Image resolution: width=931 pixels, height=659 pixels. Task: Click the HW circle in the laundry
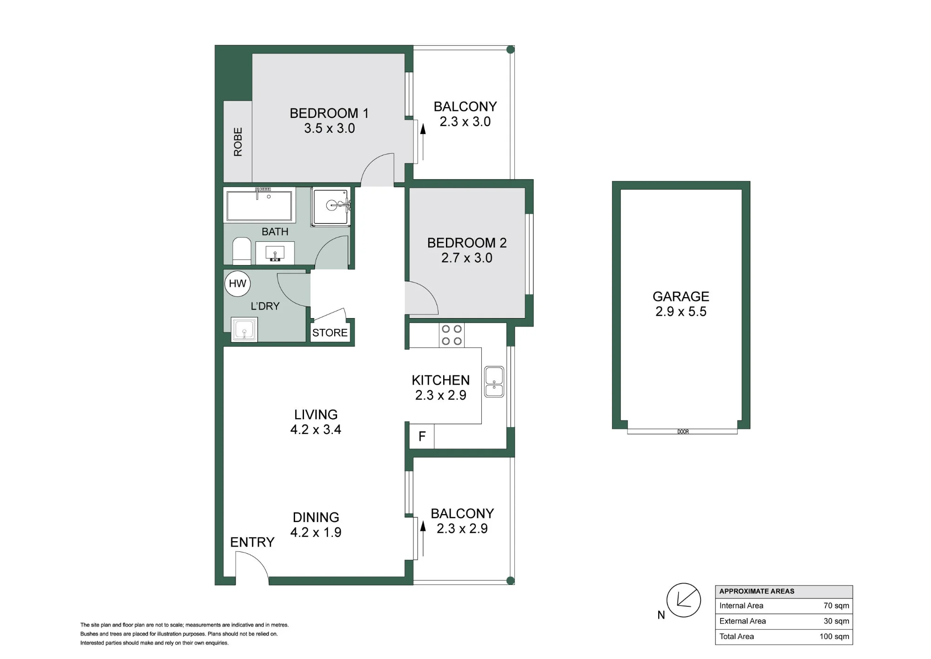[x=237, y=284]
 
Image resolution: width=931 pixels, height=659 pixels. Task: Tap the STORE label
[x=330, y=333]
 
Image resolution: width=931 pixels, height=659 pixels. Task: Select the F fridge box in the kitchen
[x=422, y=436]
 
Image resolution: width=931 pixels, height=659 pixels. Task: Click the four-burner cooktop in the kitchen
[x=452, y=335]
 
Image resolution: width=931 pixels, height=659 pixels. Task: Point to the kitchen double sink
[x=494, y=382]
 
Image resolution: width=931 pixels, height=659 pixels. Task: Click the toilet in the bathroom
[x=242, y=251]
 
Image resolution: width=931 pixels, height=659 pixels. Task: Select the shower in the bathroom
[x=331, y=207]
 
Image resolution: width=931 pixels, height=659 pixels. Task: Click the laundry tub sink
[x=244, y=330]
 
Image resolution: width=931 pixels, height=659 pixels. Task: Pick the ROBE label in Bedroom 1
[x=238, y=142]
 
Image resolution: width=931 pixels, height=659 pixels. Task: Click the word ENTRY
[x=252, y=542]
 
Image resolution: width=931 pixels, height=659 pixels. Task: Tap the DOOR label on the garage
[x=683, y=432]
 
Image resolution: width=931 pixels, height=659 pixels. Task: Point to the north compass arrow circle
[x=683, y=600]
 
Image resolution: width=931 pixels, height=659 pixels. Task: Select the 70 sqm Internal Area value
[x=836, y=606]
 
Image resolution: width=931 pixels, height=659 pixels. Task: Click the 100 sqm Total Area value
[x=834, y=637]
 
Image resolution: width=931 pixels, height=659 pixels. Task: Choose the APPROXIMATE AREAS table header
[x=757, y=591]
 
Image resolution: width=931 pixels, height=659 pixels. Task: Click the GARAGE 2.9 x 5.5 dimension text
[x=681, y=312]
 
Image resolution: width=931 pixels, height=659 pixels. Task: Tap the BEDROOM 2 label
[x=467, y=243]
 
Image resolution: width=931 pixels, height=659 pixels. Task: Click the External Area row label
[x=742, y=621]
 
